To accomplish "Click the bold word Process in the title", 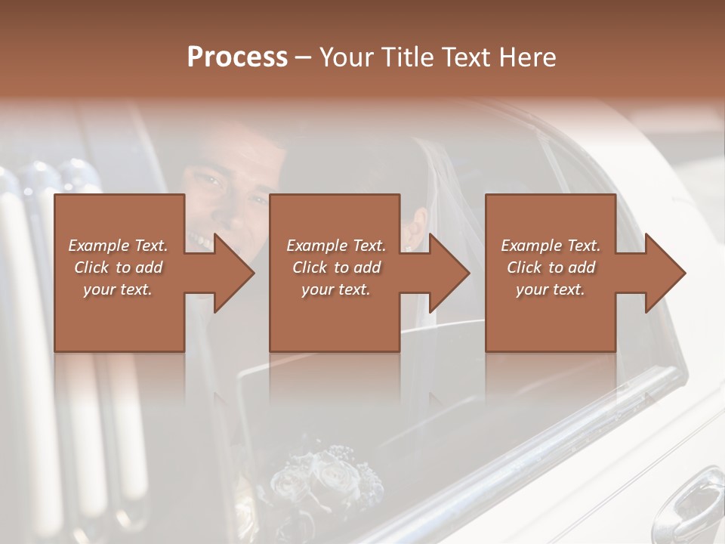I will tap(237, 57).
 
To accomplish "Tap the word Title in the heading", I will tap(406, 57).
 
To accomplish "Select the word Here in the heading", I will tap(528, 57).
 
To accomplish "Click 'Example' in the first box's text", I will tap(97, 246).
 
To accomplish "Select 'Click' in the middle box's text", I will tap(310, 267).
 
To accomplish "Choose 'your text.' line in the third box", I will tap(551, 289).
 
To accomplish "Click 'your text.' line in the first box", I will tap(118, 289).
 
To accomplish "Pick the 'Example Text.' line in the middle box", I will tap(336, 246).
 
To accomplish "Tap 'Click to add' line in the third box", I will tap(551, 267).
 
